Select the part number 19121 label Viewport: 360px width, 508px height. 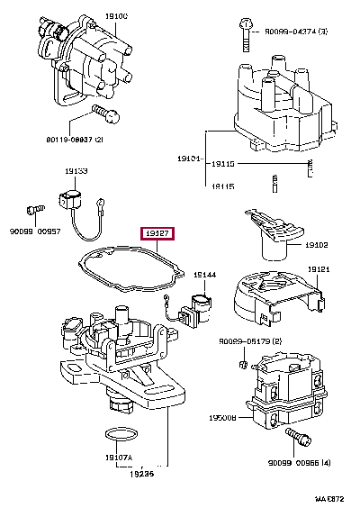tap(319, 269)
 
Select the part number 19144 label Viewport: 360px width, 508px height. tap(205, 273)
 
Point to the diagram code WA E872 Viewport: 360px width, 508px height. tap(331, 497)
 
